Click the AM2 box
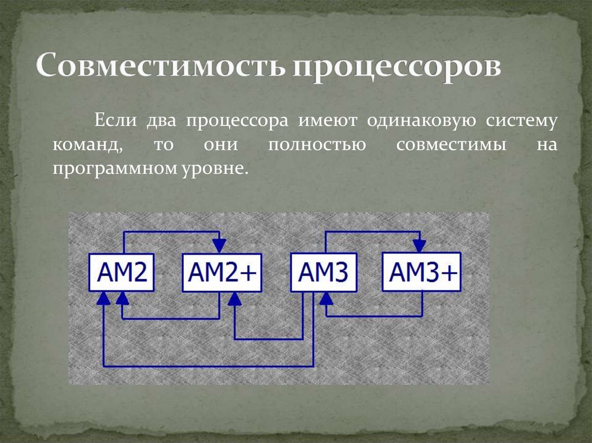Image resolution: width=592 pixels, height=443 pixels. tap(121, 272)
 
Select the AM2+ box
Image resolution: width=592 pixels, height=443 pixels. tap(223, 272)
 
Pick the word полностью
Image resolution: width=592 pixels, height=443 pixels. tap(316, 145)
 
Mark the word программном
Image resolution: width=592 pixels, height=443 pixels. tap(109, 169)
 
